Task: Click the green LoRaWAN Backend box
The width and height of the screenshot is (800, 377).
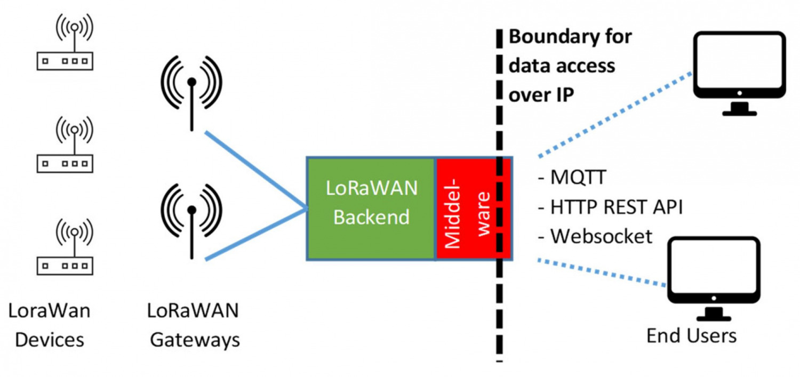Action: [x=371, y=208]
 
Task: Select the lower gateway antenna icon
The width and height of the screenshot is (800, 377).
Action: [x=191, y=219]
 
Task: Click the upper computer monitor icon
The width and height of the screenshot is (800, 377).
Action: [x=739, y=72]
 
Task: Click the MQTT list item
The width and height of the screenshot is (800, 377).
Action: [x=573, y=177]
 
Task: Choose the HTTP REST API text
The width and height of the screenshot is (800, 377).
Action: [x=611, y=206]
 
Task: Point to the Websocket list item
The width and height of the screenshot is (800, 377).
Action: [x=595, y=236]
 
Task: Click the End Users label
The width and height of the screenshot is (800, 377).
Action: [x=691, y=336]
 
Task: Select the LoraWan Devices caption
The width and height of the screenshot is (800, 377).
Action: [x=49, y=325]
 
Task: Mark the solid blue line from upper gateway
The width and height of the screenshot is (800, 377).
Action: [x=255, y=170]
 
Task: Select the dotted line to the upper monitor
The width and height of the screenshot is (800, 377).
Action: [x=613, y=115]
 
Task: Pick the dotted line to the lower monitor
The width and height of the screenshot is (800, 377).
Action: [x=603, y=272]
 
